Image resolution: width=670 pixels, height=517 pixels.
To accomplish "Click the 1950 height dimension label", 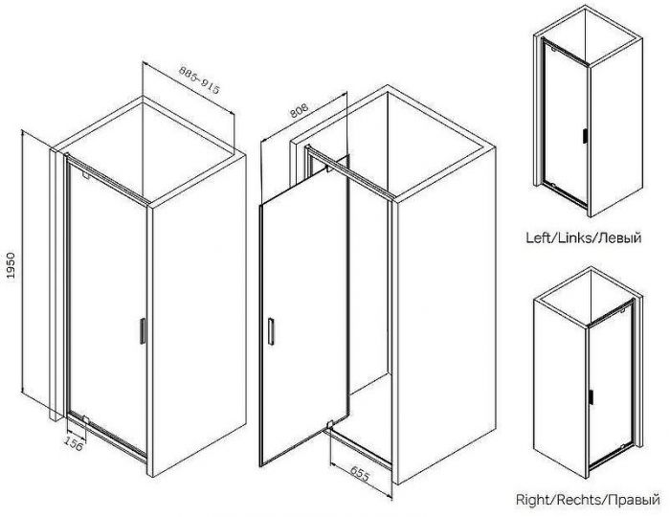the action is (x=11, y=265).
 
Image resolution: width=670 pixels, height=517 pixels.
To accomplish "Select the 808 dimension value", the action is (x=299, y=110).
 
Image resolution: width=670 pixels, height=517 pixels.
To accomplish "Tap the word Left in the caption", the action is (x=539, y=237).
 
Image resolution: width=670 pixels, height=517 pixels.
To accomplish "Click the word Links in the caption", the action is (x=573, y=237).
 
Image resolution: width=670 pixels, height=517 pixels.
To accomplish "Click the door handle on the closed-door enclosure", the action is (x=143, y=331).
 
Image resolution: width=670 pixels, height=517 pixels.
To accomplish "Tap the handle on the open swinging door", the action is (x=271, y=330).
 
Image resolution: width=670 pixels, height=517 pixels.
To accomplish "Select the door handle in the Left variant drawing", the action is (x=584, y=135).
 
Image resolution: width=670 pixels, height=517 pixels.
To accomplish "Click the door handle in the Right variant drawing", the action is (x=591, y=396).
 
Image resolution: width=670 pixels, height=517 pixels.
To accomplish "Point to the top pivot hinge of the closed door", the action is (x=85, y=175).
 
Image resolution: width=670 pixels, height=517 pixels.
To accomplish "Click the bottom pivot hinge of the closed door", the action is (x=85, y=420).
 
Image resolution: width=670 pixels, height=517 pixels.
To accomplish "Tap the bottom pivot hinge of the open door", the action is (x=329, y=425).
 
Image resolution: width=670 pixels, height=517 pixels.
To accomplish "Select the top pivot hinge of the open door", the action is (x=329, y=169).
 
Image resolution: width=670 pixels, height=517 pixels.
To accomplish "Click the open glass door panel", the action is (x=304, y=312).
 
